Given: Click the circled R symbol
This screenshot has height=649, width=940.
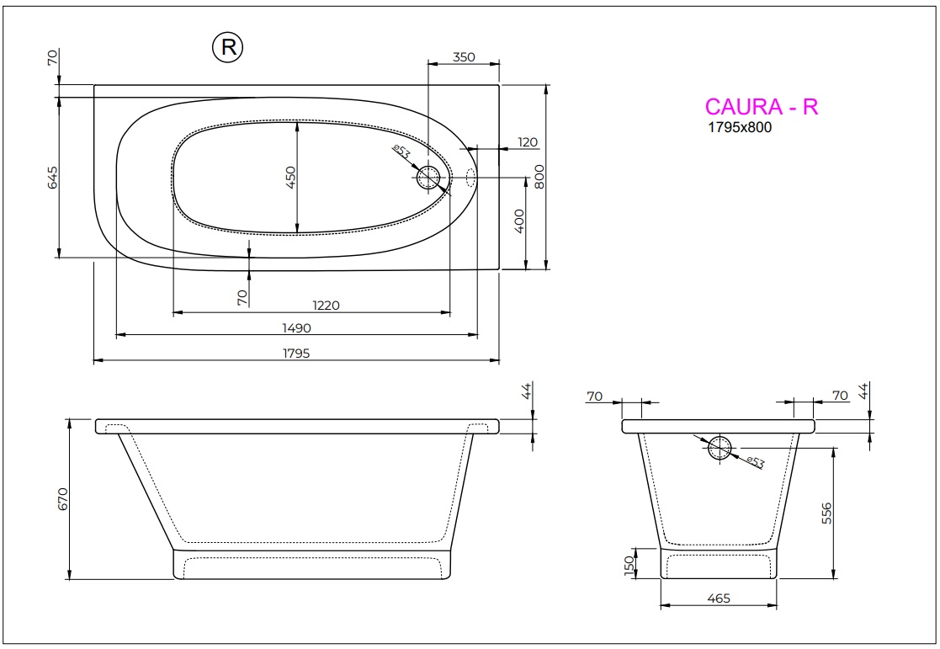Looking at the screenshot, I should (227, 48).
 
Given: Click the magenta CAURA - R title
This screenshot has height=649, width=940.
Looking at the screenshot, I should (761, 107).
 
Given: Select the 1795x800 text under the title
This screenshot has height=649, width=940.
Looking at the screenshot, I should (738, 128).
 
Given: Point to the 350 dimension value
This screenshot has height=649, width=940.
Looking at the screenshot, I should (464, 57).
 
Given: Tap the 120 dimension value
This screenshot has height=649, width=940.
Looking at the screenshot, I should (528, 142).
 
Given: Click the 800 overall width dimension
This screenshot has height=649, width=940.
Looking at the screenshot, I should (539, 176).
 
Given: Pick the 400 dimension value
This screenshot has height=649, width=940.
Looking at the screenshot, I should (519, 221).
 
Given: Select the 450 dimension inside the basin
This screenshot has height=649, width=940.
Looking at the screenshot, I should (291, 178).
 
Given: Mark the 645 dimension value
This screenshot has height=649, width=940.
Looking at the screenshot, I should (52, 178).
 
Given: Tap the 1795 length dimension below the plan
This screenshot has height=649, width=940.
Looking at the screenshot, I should (296, 353).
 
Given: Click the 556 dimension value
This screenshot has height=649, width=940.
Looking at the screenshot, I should (826, 513).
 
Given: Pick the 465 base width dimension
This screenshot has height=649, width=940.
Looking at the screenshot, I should (718, 598).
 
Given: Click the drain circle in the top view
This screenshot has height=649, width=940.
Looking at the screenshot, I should (428, 178).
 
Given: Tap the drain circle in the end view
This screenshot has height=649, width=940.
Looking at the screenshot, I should (720, 449).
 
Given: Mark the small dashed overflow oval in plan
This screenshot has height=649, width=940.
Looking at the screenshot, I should (471, 178).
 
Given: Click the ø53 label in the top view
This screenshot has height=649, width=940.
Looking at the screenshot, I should (401, 152).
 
